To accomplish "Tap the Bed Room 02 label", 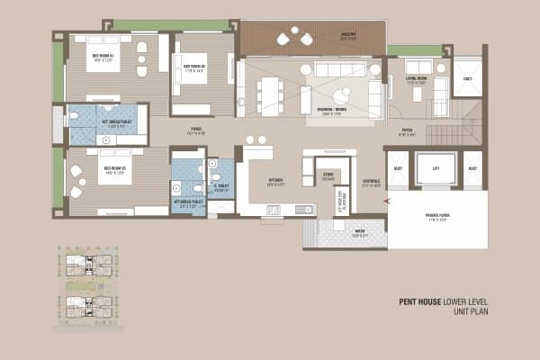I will click(x=195, y=67).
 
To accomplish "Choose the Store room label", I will click(x=329, y=176).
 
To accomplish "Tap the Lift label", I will click(x=435, y=167).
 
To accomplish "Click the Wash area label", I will click(x=359, y=232).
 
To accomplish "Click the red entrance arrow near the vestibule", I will click(x=385, y=202).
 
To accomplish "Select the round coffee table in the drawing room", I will click(x=343, y=94).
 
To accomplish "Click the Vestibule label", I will click(x=371, y=183).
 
